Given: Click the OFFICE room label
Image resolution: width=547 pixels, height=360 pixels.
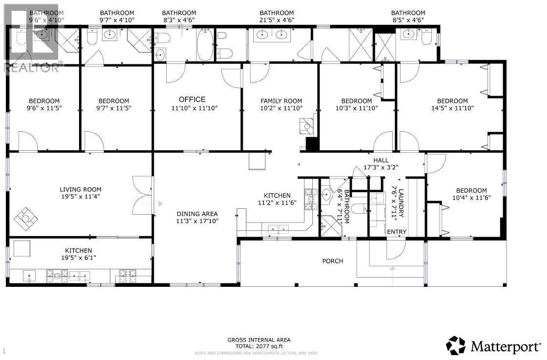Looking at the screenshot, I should coord(192,100).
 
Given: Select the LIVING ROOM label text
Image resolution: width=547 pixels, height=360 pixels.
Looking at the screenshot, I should coord(81,190).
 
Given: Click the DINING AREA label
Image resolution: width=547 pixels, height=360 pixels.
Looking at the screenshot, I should coord(197,214).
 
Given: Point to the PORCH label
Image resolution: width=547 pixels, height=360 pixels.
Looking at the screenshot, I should coord(332,261).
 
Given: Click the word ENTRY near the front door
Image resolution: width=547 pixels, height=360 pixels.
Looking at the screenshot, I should coord(396,232).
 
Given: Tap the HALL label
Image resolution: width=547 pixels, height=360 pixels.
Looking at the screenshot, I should coord(381,160).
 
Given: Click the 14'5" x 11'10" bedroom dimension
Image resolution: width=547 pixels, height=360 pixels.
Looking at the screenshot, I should coord(452,108).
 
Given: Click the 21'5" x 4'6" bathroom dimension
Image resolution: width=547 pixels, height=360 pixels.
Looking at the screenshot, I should coord(276,20).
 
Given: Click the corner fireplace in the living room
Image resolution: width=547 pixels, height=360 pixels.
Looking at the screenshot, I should coord(25,218).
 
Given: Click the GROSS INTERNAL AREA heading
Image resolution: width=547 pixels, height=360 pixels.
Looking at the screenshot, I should coord(259,340).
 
